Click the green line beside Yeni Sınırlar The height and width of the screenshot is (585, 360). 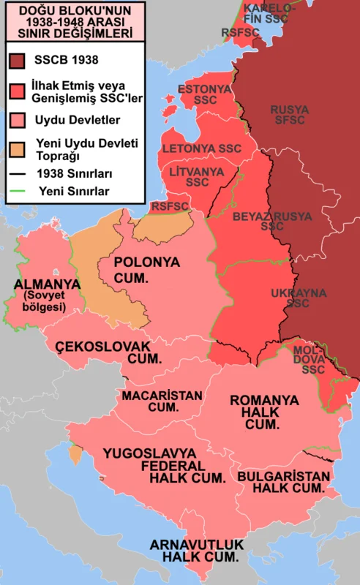pyautogui.click(x=19, y=192)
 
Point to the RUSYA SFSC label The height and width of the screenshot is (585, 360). pyautogui.click(x=290, y=115)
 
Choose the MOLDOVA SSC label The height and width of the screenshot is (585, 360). pyautogui.click(x=312, y=360)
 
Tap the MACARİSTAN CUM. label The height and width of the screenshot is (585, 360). pyautogui.click(x=162, y=401)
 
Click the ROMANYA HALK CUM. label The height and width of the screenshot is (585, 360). pyautogui.click(x=264, y=412)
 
